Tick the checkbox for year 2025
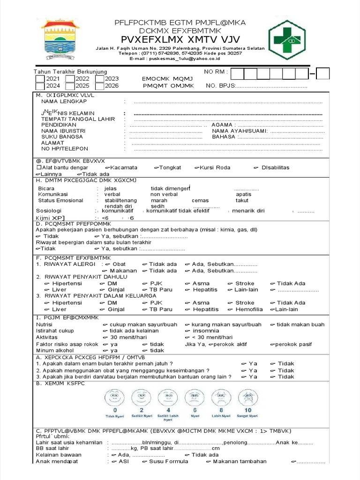pyautogui.click(x=70, y=86)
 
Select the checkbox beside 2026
pyautogui.click(x=99, y=86)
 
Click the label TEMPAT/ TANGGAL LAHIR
pyautogui.click(x=78, y=119)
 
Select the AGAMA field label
pyautogui.click(x=223, y=125)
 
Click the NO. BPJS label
pyautogui.click(x=219, y=86)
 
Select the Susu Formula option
pyautogui.click(x=168, y=462)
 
